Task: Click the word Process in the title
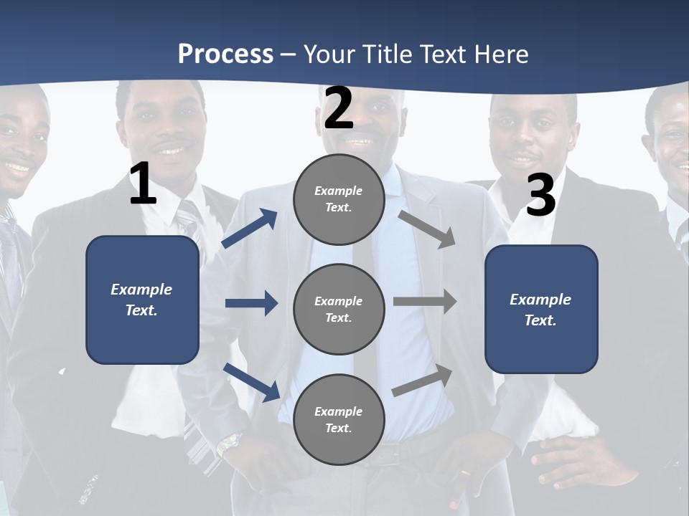click(225, 54)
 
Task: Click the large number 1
click(143, 184)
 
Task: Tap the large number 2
click(339, 108)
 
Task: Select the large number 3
click(540, 196)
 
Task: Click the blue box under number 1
click(142, 300)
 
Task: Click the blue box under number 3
click(541, 310)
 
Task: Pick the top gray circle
click(339, 199)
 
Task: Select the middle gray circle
click(339, 310)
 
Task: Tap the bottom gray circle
click(339, 420)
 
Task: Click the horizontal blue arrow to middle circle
click(251, 303)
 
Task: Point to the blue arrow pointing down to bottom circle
click(251, 382)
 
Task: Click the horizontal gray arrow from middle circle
click(425, 302)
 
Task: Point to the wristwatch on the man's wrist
click(229, 444)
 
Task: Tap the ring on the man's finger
click(466, 474)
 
